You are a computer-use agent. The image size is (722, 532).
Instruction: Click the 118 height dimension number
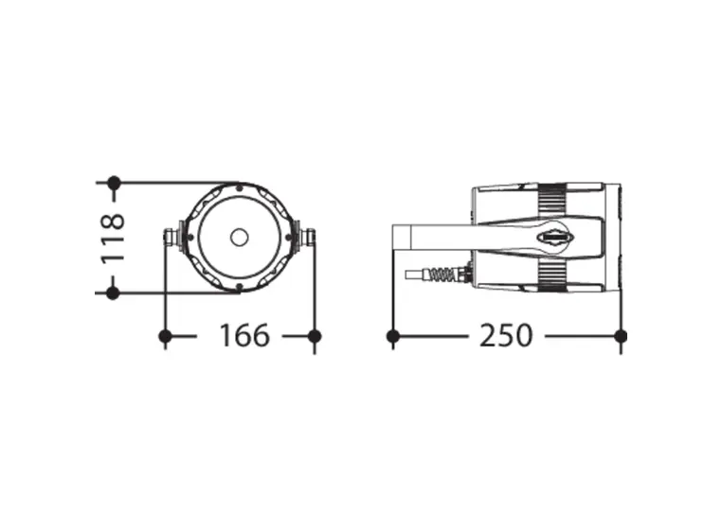[x=113, y=238]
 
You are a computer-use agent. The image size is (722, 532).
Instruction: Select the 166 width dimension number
[x=244, y=335]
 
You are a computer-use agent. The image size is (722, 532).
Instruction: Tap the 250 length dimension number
[x=506, y=335]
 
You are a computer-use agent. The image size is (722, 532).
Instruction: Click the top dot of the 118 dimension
[x=114, y=183]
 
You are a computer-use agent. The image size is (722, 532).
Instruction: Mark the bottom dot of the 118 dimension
[x=113, y=293]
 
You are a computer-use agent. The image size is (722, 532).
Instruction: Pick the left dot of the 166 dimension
[x=165, y=336]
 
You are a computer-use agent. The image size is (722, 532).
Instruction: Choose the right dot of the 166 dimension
[x=315, y=336]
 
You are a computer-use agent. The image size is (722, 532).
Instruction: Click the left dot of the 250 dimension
[x=393, y=336]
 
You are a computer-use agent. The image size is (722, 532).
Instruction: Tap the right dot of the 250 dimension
[x=621, y=336]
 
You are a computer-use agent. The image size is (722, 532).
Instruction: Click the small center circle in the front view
[x=240, y=238]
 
